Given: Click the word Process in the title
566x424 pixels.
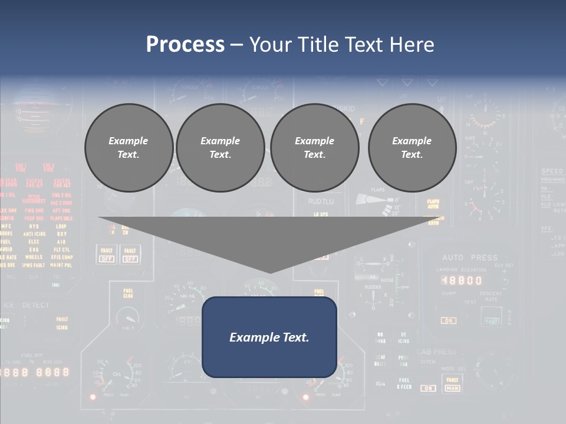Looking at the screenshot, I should pyautogui.click(x=185, y=44).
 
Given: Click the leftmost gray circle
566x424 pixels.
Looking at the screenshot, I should pyautogui.click(x=129, y=148).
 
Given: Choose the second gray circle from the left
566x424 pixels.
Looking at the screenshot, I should pyautogui.click(x=220, y=148).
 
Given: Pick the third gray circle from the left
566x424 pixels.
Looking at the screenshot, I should pyautogui.click(x=314, y=148).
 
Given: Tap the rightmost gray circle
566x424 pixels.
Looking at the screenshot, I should pyautogui.click(x=412, y=148).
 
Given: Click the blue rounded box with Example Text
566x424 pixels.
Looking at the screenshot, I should pyautogui.click(x=269, y=337).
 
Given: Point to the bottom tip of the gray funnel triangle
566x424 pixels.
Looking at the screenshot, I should pyautogui.click(x=270, y=272).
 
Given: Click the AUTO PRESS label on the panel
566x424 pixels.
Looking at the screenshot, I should pyautogui.click(x=470, y=257).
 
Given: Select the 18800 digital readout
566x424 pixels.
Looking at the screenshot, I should pyautogui.click(x=462, y=281).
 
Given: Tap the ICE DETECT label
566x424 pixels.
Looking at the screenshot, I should pyautogui.click(x=27, y=305).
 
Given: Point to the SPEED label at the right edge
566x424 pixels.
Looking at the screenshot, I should pyautogui.click(x=552, y=171).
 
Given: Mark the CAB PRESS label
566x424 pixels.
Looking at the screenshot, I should pyautogui.click(x=436, y=352).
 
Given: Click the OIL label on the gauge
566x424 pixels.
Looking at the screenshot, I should pyautogui.click(x=116, y=374).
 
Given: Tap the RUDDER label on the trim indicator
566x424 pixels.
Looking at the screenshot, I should pyautogui.click(x=373, y=288).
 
